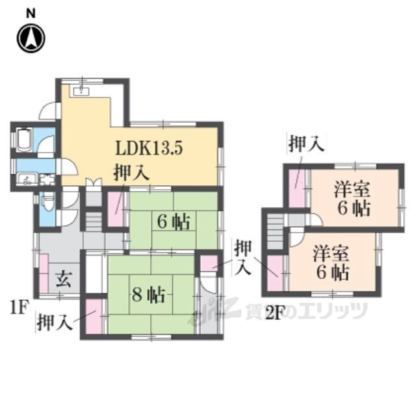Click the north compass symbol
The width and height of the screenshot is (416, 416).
coord(31,38)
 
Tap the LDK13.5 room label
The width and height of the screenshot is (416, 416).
coord(149,148)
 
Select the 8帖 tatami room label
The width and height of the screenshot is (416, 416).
coord(149,294)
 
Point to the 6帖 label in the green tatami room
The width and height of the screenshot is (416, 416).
coord(174,222)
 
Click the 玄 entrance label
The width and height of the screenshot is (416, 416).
coord(64,279)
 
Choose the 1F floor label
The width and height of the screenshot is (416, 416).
coord(19,307)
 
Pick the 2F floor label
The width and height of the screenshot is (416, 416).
coord(273,313)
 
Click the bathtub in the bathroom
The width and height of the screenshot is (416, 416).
coord(24,140)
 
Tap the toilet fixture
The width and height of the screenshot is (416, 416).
coord(47,201)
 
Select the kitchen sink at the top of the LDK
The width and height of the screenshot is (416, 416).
coord(81,92)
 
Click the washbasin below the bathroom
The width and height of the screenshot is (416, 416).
coord(27,179)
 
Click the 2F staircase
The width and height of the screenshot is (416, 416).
coord(276,231)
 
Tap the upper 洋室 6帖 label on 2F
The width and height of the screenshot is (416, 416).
coord(352,198)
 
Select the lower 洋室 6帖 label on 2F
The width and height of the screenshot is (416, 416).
coord(331,263)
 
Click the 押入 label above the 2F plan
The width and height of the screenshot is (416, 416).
coord(306,144)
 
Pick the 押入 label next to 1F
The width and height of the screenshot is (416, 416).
coord(55,322)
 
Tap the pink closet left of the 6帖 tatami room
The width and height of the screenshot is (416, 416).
coord(116,209)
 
